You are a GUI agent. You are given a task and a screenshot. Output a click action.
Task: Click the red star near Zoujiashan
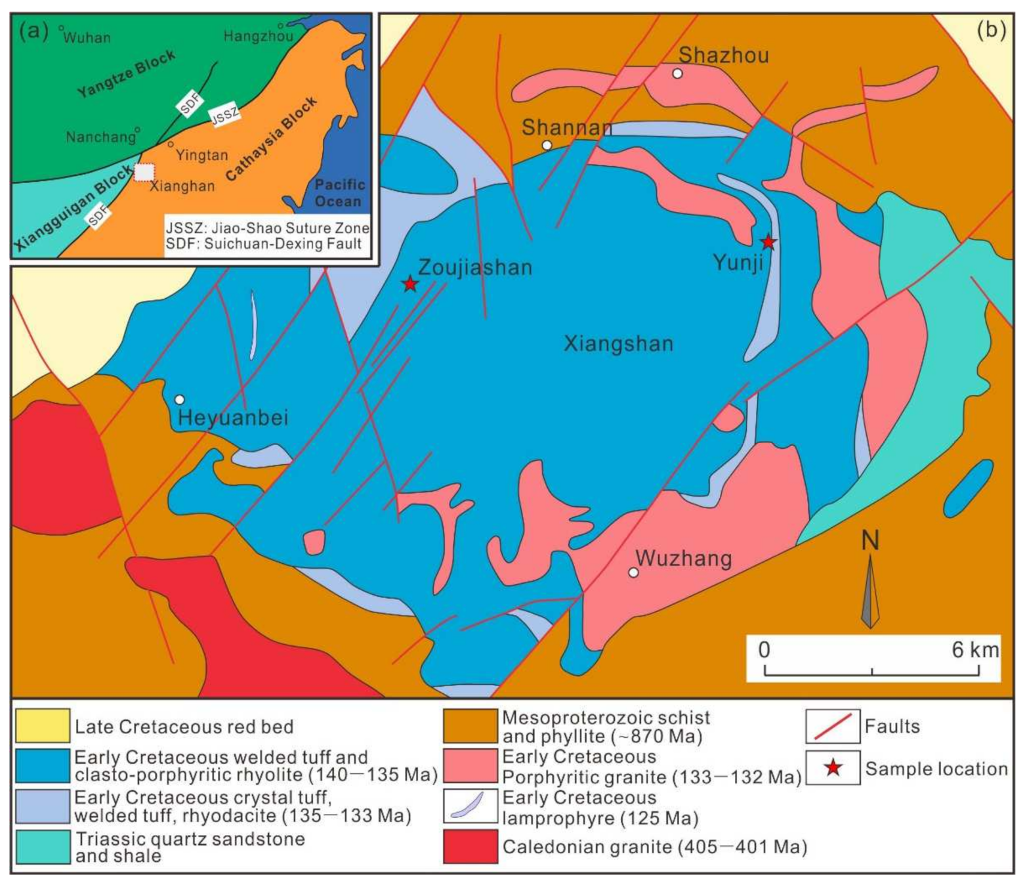[410, 284]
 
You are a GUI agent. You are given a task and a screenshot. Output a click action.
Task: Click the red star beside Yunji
[768, 242]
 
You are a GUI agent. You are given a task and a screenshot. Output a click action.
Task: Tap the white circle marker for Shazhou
[677, 74]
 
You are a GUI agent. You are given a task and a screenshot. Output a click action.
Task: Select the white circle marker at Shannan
[547, 145]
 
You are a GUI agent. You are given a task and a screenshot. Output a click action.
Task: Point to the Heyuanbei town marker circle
[179, 399]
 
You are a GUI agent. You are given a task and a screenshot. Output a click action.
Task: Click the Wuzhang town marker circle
[633, 572]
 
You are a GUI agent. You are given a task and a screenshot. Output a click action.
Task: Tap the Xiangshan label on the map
[618, 343]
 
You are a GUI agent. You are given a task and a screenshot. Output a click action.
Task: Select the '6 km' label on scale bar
[974, 650]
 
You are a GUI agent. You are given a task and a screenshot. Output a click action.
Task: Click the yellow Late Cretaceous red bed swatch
[43, 725]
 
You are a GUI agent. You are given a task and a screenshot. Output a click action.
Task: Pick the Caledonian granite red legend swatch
[470, 846]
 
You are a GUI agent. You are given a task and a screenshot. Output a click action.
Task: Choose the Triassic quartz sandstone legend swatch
[43, 847]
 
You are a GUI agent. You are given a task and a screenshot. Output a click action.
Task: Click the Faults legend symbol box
[832, 727]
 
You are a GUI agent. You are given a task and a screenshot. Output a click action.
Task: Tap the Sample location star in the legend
[833, 767]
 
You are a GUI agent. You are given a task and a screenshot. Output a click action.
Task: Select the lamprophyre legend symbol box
[470, 806]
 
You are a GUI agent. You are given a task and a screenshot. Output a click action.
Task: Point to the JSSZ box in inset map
[224, 116]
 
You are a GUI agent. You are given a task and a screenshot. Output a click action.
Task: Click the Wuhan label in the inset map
[87, 37]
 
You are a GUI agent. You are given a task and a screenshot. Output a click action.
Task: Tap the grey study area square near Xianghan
[144, 172]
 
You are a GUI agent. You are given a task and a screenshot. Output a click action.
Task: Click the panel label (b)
[991, 30]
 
